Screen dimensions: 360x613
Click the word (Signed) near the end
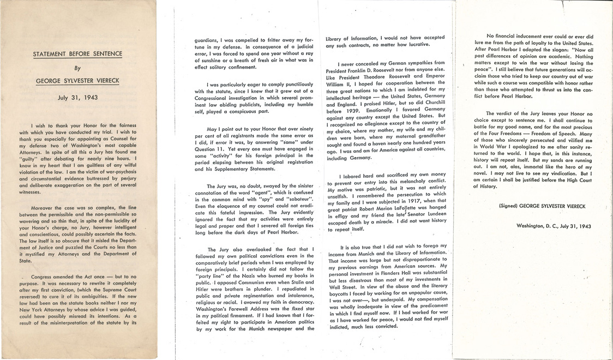tap(510, 206)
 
